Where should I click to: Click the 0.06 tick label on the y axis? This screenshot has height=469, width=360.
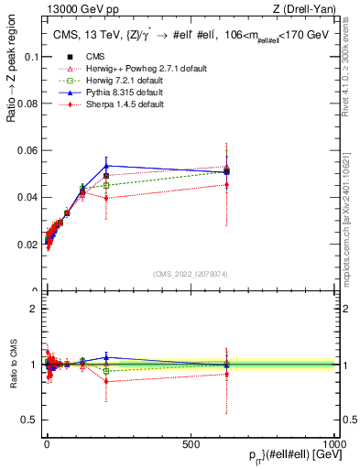tap(27, 150)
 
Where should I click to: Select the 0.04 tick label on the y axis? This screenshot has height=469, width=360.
tap(27, 198)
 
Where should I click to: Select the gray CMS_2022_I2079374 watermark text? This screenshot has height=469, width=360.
tap(190, 273)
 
